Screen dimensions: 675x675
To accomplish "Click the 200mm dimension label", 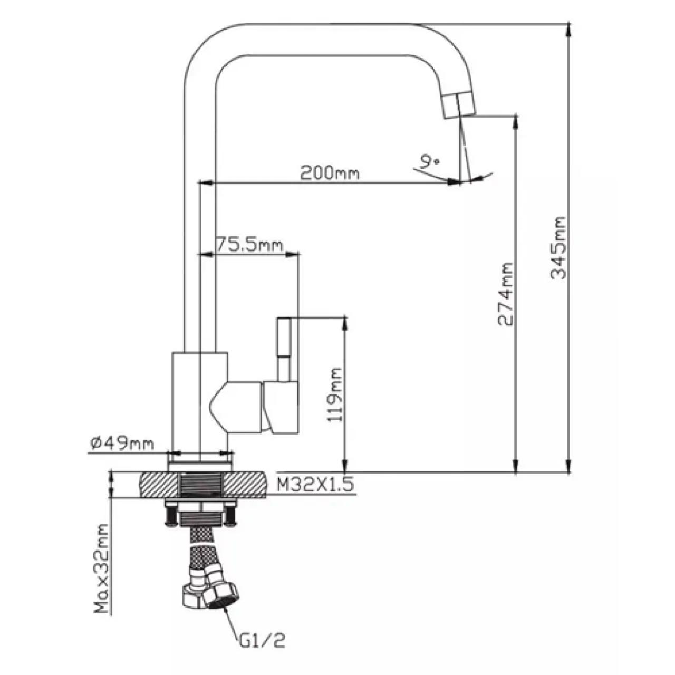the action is (330, 173).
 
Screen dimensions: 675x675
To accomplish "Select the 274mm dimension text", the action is (506, 294).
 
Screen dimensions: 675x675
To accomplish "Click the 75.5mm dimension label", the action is (249, 244).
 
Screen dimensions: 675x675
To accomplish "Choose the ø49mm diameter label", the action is (122, 444).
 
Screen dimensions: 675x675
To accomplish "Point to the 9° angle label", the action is (428, 162).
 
